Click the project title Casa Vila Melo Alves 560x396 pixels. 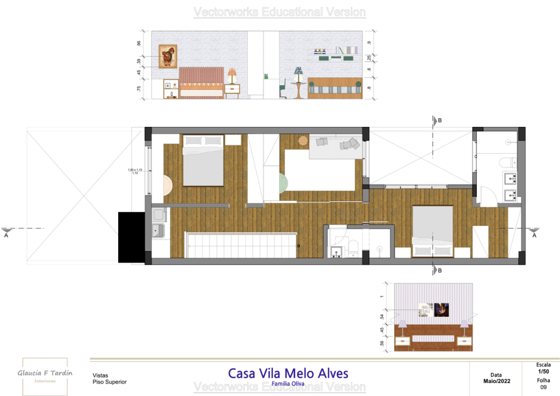pos(288,374)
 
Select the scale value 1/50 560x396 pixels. pos(544,371)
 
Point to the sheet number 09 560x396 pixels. pos(544,387)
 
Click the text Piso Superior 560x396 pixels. pos(109,382)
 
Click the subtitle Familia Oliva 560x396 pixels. pos(288,384)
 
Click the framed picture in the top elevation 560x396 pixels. pos(168,56)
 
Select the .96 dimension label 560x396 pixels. pos(139,44)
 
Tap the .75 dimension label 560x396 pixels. pos(139,88)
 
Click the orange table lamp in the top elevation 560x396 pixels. pos(232,75)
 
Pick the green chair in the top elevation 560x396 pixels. pos(283,89)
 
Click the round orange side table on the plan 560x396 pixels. pos(302,140)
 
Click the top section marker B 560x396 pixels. pos(435,120)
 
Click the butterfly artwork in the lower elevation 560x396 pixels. pos(441,310)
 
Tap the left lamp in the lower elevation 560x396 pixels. pos(402,327)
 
